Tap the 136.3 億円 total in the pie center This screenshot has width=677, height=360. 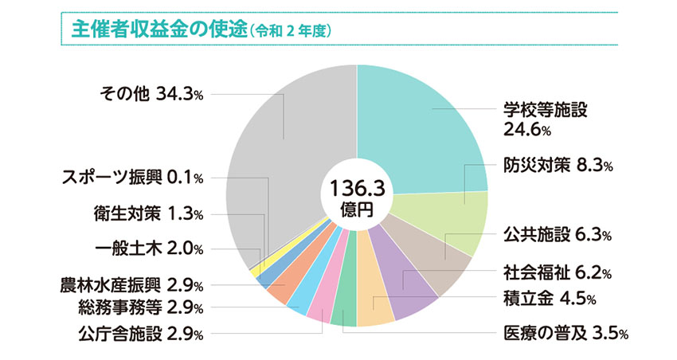click(x=358, y=196)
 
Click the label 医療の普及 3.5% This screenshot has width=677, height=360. click(x=565, y=333)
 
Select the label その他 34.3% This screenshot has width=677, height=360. click(x=151, y=94)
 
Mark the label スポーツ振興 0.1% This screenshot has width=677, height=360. click(x=132, y=177)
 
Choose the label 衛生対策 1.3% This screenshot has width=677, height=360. click(x=148, y=213)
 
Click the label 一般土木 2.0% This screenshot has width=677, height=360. click(x=148, y=248)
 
